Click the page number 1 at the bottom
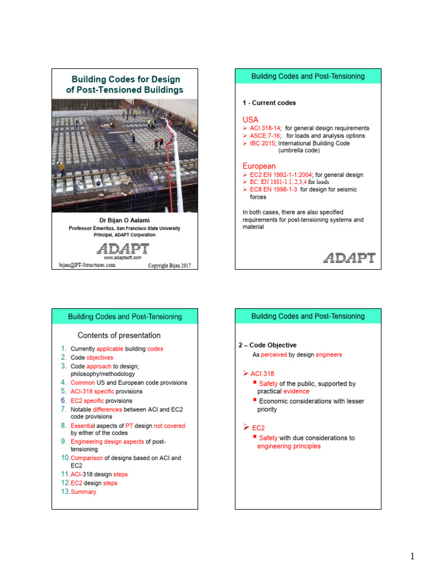tap(412, 556)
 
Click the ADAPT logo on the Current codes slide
tap(350, 258)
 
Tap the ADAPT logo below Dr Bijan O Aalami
tap(123, 249)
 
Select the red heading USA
tap(250, 120)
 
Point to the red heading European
tap(259, 167)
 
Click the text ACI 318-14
tap(265, 128)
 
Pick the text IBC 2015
tap(263, 143)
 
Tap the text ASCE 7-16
tap(265, 135)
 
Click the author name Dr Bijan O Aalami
tap(125, 220)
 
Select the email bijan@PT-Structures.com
tap(87, 265)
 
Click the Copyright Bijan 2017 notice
tap(169, 265)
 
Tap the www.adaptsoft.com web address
tap(122, 257)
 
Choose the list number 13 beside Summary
tap(65, 492)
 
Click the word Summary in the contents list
tap(83, 492)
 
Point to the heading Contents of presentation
tap(119, 335)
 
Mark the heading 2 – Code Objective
tap(267, 345)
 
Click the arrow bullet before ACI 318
tap(246, 374)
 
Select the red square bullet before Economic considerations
tap(255, 400)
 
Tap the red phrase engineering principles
tap(289, 446)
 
